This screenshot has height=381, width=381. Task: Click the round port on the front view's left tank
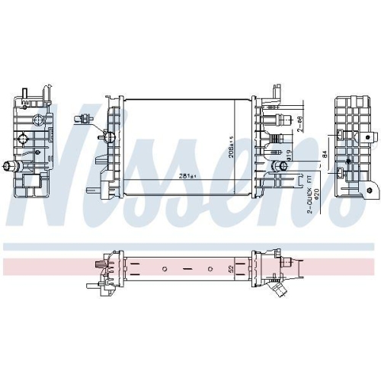[x=109, y=136]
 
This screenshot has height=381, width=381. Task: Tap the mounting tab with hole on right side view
[x=369, y=138]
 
